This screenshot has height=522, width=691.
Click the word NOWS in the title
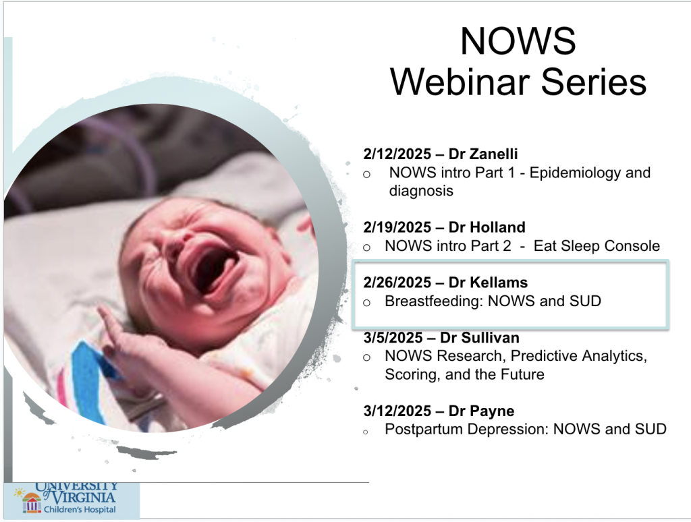pyautogui.click(x=518, y=41)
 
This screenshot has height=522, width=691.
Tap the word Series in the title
pyautogui.click(x=594, y=82)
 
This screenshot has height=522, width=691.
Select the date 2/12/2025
pyautogui.click(x=397, y=154)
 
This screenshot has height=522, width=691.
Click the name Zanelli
pyautogui.click(x=493, y=154)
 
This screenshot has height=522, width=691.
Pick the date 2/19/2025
pyautogui.click(x=397, y=227)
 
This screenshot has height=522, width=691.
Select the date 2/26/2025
pyautogui.click(x=397, y=283)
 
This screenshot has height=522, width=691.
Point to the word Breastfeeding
pyautogui.click(x=434, y=301)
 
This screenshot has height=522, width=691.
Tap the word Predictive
pyautogui.click(x=543, y=356)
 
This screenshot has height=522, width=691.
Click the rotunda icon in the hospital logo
pyautogui.click(x=32, y=503)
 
